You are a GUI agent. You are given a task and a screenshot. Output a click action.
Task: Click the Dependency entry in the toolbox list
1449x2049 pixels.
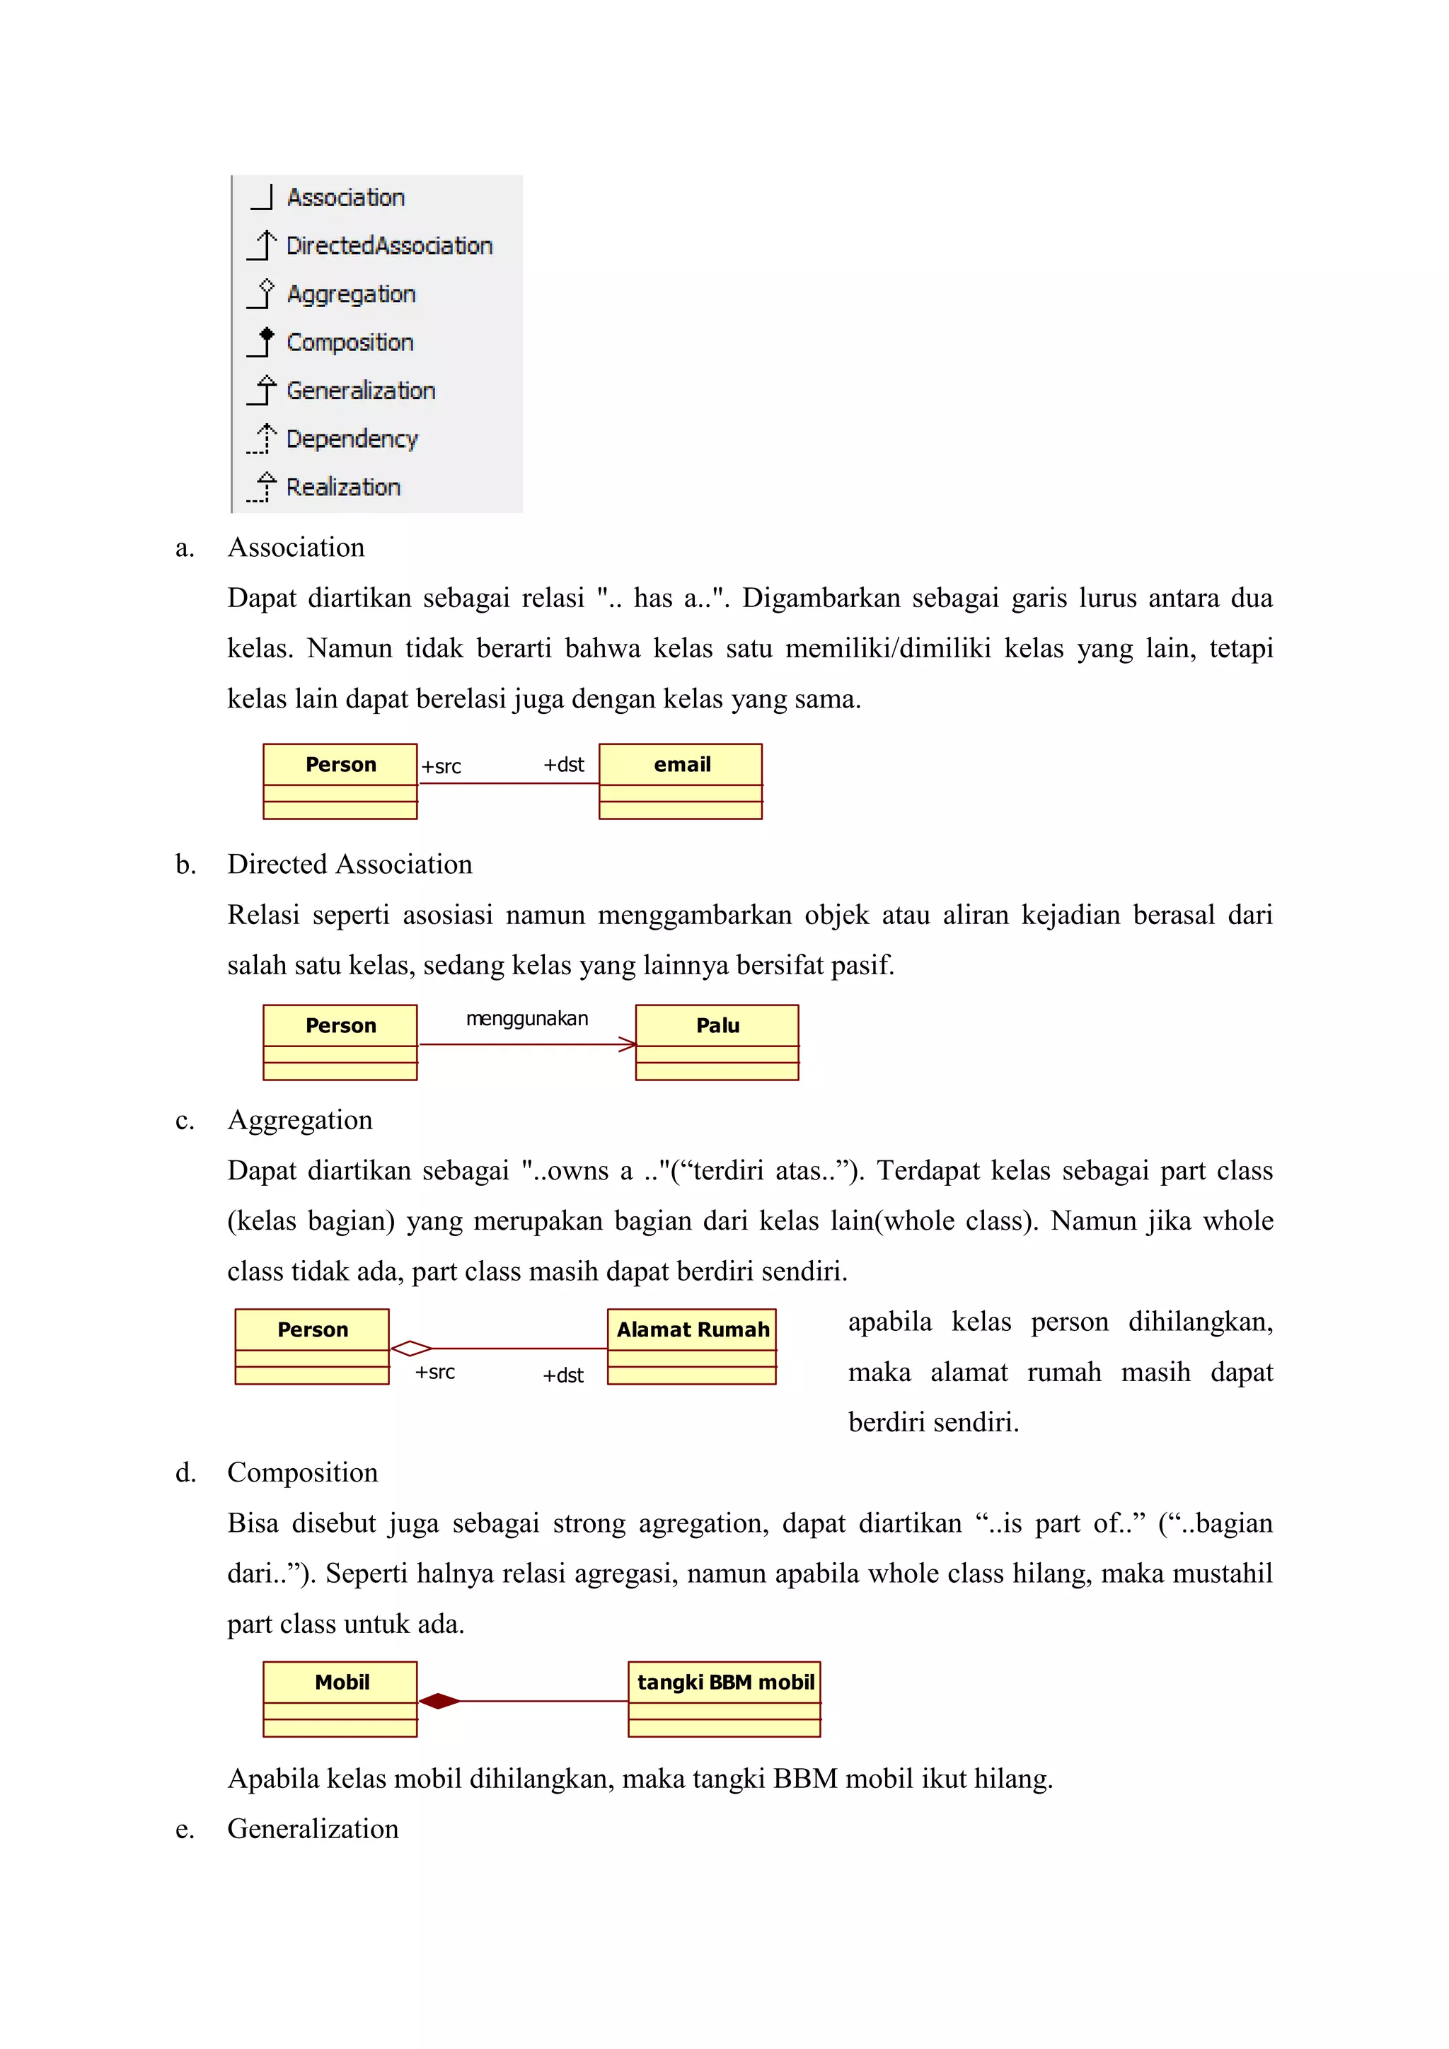point(352,439)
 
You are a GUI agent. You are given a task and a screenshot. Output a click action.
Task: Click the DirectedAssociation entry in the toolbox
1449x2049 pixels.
point(389,246)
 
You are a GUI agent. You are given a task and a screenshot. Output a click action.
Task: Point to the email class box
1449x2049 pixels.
point(681,781)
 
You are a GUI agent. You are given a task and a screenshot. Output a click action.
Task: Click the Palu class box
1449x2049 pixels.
point(717,1041)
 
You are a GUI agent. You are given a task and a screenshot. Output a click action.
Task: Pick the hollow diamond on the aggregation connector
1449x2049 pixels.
point(411,1349)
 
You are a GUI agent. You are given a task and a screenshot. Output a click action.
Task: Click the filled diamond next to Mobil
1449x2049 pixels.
point(439,1701)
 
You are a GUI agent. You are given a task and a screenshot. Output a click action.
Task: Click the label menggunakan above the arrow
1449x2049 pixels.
point(526,1018)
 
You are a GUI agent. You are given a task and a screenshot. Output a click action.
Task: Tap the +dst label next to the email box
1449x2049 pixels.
point(564,765)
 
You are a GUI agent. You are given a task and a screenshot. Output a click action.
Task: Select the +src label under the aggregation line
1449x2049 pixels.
point(434,1372)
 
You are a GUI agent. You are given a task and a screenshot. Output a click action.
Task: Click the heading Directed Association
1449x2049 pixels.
point(349,864)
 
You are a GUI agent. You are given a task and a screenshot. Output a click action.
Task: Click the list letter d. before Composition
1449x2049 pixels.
point(185,1472)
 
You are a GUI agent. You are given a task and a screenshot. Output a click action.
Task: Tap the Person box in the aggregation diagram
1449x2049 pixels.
point(312,1346)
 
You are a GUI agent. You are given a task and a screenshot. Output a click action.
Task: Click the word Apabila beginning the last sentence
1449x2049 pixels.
point(273,1779)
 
